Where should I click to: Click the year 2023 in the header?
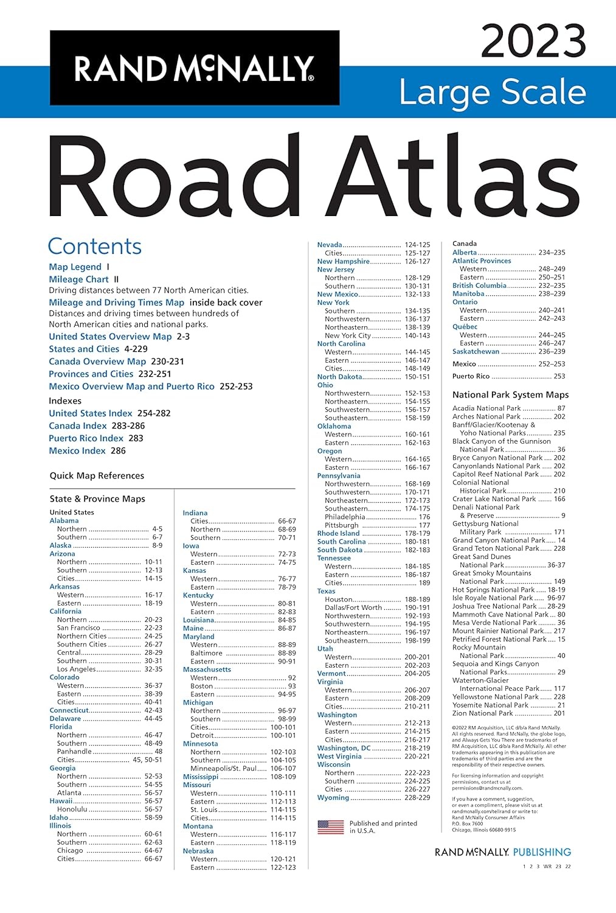[x=533, y=41]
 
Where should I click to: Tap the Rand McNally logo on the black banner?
[x=194, y=68]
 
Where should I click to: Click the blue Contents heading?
[x=95, y=246]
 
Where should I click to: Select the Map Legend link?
[x=75, y=267]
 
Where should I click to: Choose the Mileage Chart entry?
[x=79, y=279]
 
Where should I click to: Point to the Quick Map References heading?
[x=97, y=475]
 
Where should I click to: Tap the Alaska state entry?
[x=61, y=545]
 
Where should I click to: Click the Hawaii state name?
[x=61, y=801]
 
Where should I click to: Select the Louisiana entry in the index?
[x=198, y=620]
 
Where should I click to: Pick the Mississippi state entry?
[x=201, y=777]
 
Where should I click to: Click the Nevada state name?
[x=330, y=245]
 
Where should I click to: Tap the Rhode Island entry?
[x=338, y=533]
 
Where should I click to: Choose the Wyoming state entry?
[x=333, y=797]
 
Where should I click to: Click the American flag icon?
[x=331, y=827]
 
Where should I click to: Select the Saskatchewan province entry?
[x=476, y=351]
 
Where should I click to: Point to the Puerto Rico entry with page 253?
[x=471, y=376]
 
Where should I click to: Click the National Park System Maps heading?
[x=511, y=394]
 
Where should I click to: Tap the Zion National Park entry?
[x=483, y=713]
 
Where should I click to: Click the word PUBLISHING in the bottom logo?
[x=542, y=852]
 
